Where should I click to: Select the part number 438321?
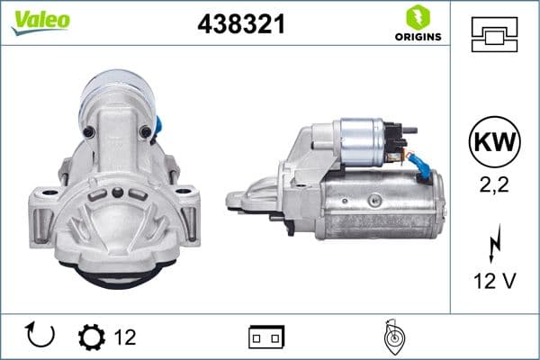click(240, 24)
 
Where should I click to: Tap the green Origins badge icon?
click(417, 16)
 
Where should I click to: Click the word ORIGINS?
click(417, 37)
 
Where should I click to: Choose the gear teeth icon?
click(92, 337)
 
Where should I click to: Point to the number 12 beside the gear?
click(126, 337)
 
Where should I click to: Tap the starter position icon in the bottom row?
click(391, 337)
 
